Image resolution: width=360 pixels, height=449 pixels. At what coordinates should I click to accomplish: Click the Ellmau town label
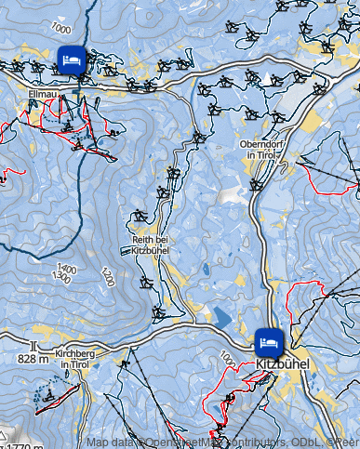point(44,94)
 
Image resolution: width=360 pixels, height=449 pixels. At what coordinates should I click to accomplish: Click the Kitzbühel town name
point(281,363)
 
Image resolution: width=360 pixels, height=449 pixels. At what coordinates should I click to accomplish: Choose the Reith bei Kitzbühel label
point(143,245)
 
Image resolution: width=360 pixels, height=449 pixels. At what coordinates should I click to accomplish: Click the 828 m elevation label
point(33,358)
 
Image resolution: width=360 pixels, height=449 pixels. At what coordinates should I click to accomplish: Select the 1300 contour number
point(62,277)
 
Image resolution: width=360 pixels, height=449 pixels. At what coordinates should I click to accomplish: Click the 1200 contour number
point(108,277)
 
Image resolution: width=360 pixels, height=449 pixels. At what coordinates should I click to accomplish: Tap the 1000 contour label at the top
point(62,29)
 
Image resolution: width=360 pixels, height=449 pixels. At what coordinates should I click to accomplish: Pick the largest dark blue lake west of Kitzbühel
point(220,315)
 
